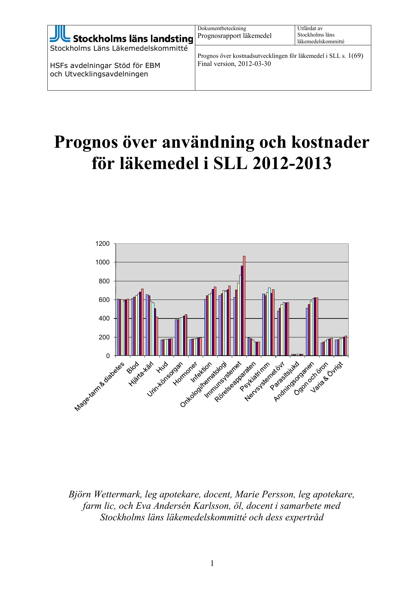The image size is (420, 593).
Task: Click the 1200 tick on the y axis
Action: pos(103,244)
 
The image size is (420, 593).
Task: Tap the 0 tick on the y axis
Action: pos(108,356)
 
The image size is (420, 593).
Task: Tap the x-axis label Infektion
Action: pos(201,372)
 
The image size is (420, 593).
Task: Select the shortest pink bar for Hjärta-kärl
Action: pos(157,336)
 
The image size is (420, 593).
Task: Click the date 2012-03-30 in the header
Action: pos(254,64)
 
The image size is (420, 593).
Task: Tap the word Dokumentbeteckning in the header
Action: pos(222,28)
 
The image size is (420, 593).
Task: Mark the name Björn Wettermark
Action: pos(105,494)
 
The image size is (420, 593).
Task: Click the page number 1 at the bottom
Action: pos(212,563)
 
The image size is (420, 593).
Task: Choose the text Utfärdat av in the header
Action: pos(310,28)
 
